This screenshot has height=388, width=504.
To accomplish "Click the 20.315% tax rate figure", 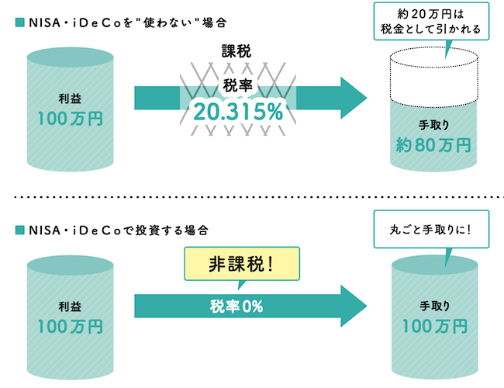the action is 239,112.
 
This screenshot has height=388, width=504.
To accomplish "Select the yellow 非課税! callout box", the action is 241,264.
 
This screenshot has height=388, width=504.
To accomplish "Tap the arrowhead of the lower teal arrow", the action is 354,305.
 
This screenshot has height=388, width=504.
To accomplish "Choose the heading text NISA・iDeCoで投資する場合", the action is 117,230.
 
